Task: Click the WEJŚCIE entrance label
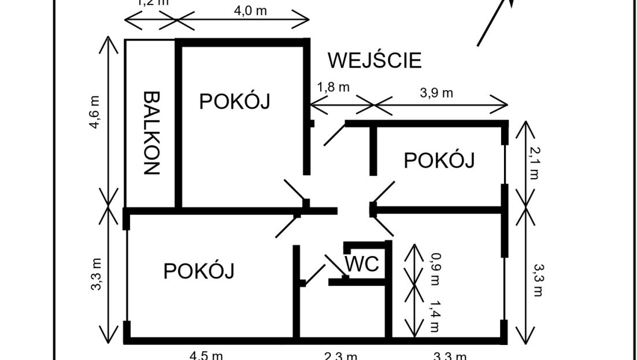pyautogui.click(x=375, y=60)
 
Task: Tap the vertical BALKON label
pyautogui.click(x=151, y=133)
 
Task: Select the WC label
pyautogui.click(x=362, y=265)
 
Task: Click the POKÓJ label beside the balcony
pyautogui.click(x=235, y=102)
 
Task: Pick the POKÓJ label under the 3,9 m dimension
pyautogui.click(x=439, y=160)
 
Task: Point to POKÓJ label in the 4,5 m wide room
pyautogui.click(x=199, y=270)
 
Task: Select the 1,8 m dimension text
pyautogui.click(x=333, y=88)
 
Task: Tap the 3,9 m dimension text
pyautogui.click(x=436, y=93)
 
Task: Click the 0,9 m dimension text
pyautogui.click(x=435, y=267)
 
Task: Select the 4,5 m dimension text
pyautogui.click(x=206, y=355)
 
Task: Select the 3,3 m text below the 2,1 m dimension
pyautogui.click(x=538, y=280)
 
